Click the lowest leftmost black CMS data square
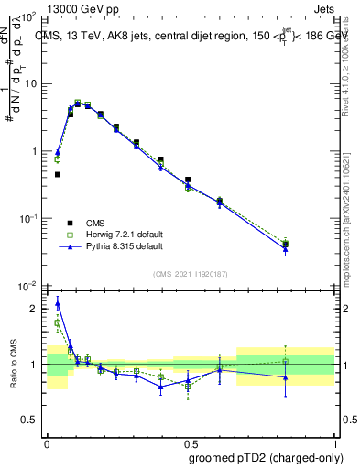point(58,174)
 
